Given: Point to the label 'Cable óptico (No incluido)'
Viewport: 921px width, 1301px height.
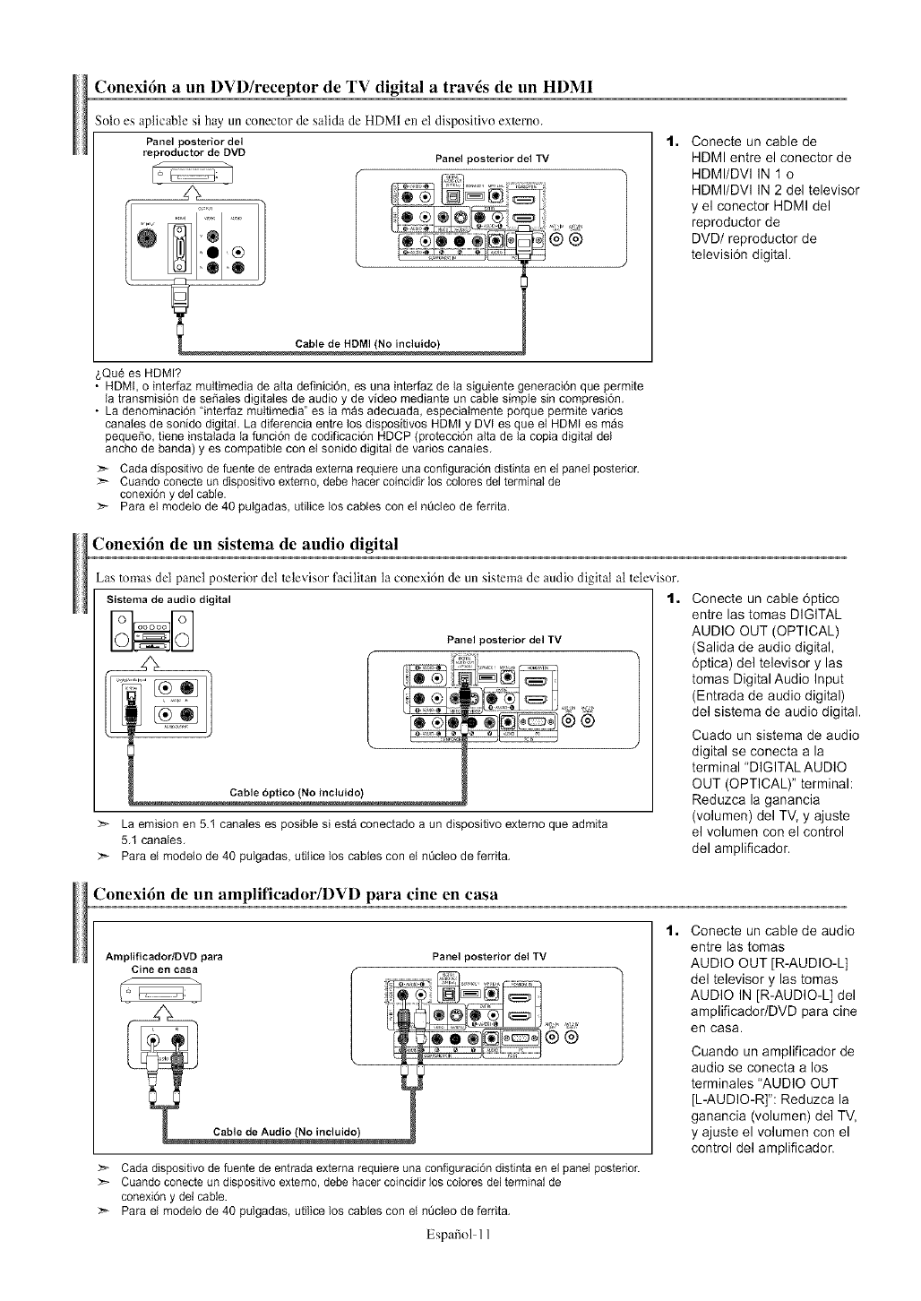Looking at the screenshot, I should tap(297, 791).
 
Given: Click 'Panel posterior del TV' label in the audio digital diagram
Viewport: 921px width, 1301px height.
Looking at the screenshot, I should tap(504, 640).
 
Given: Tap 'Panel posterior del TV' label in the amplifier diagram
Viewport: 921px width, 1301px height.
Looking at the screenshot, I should tap(488, 956).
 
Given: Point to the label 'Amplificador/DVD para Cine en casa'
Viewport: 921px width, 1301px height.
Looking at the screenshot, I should tap(164, 962).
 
